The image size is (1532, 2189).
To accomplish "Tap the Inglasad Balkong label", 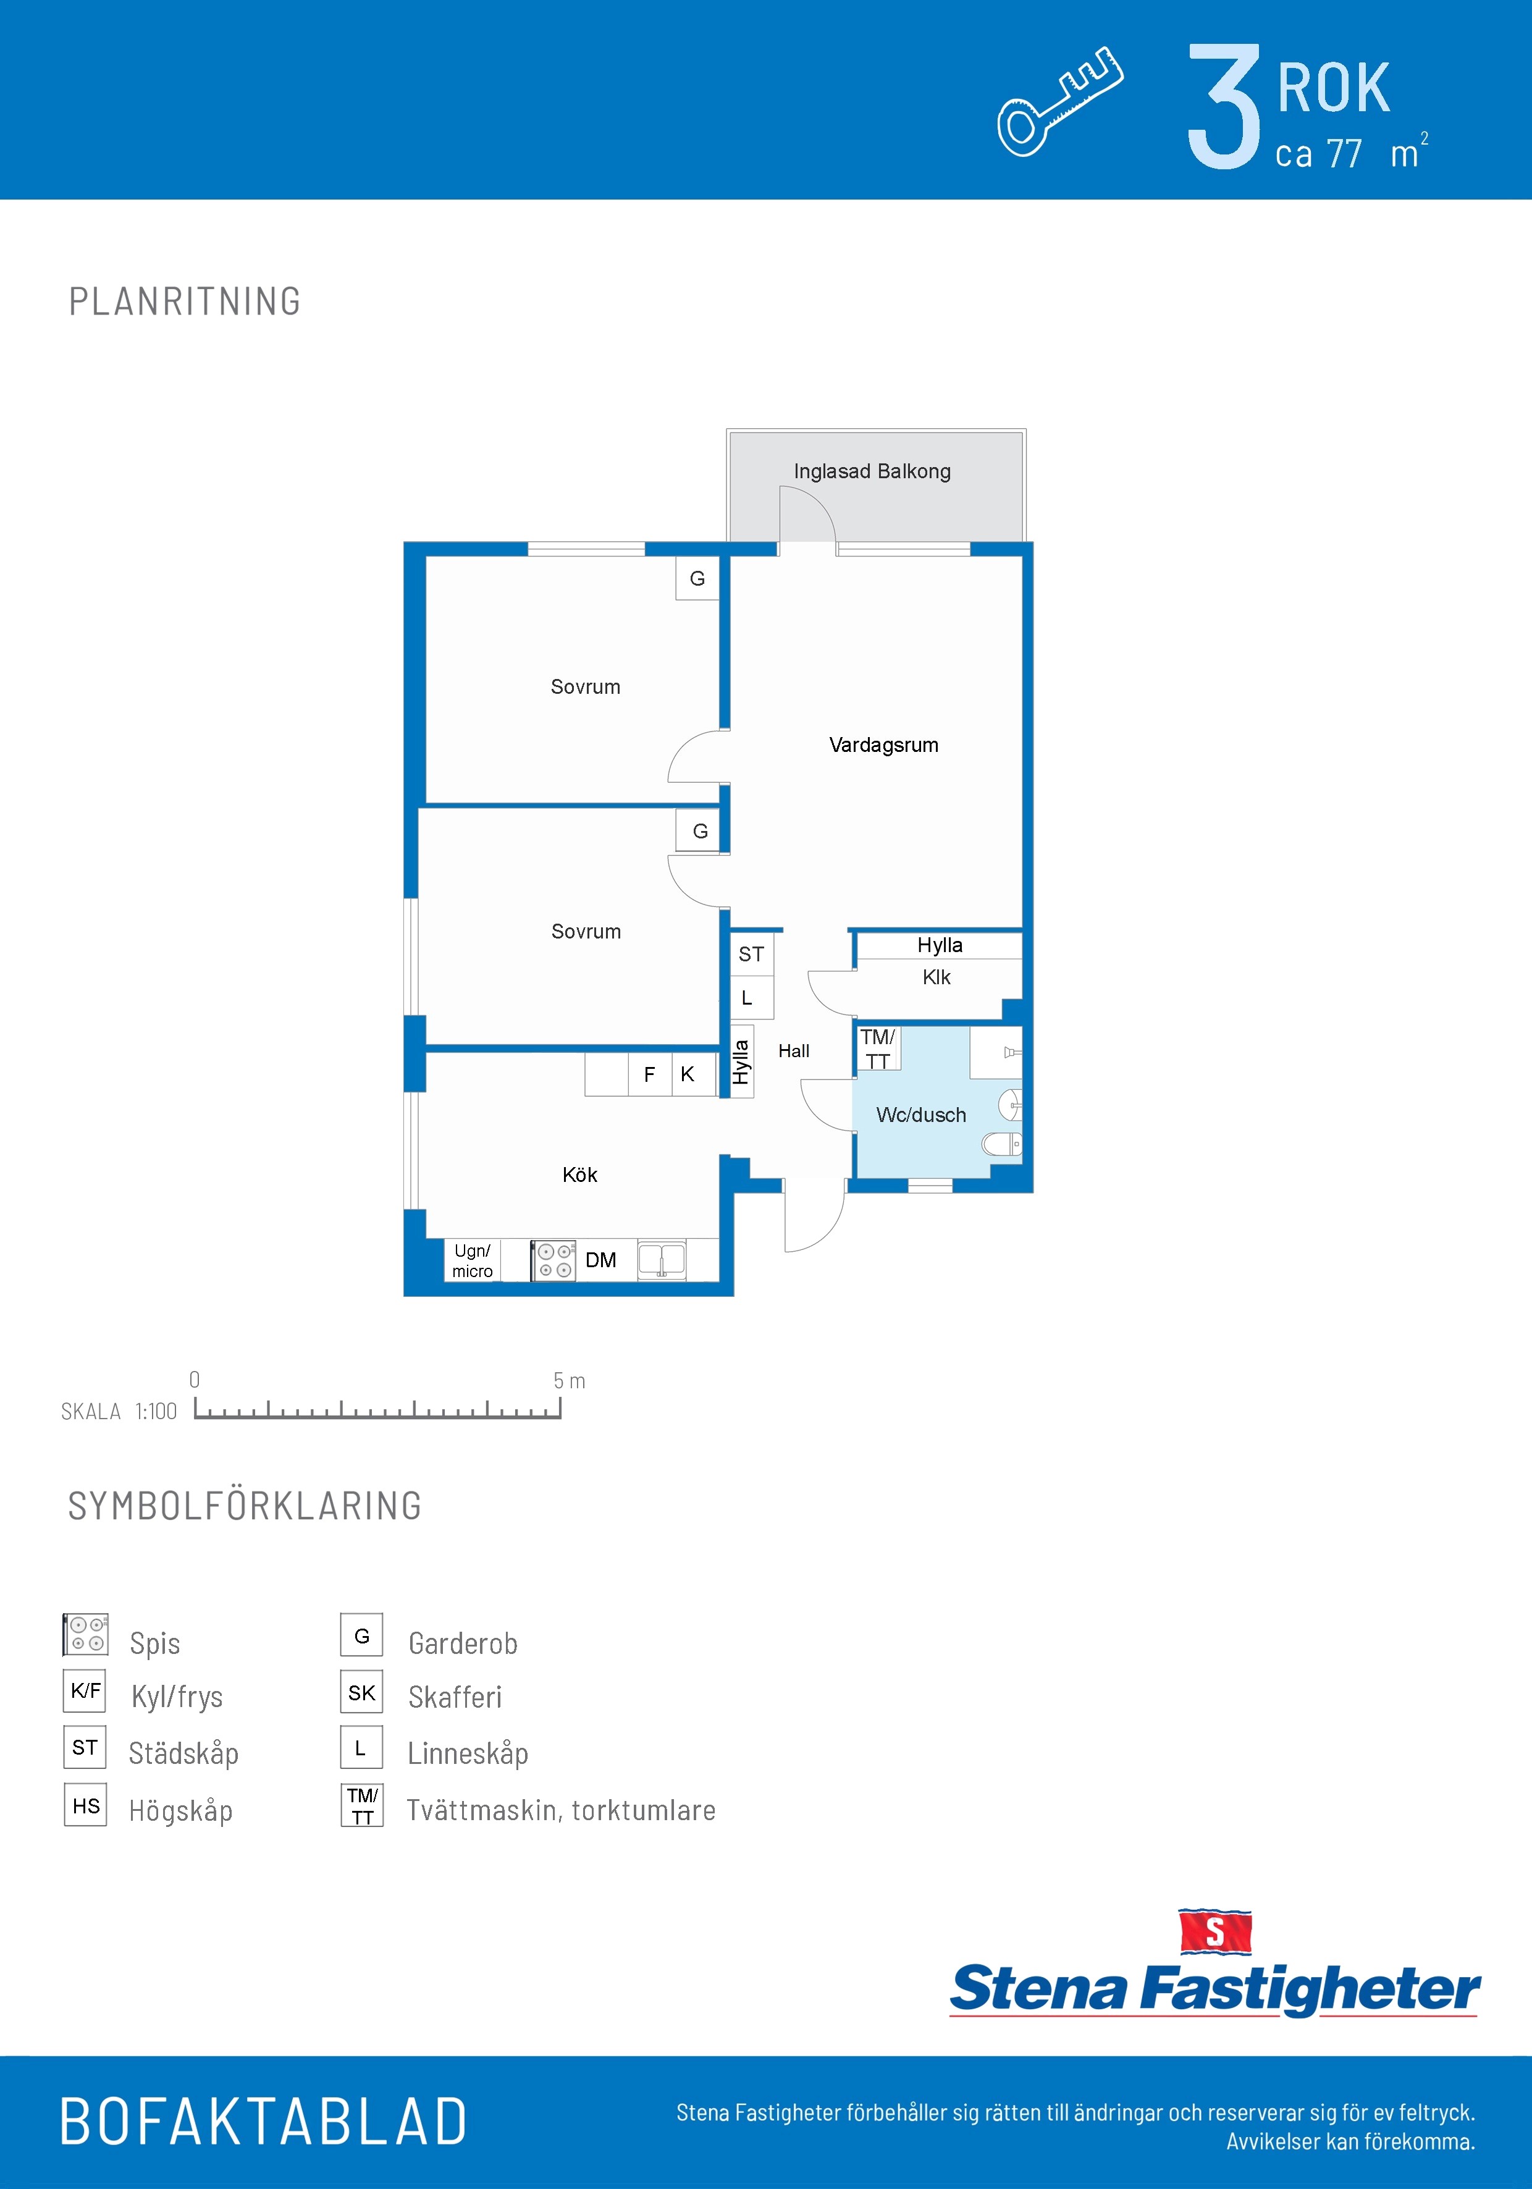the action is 872,471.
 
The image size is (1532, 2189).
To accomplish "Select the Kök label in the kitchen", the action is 579,1175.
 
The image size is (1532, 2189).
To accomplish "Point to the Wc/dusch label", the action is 921,1115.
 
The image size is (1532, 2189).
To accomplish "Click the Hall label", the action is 794,1051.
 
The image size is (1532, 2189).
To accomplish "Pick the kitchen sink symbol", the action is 662,1259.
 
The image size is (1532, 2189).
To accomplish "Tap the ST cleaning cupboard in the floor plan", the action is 751,953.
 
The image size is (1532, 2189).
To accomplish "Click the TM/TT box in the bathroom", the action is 878,1048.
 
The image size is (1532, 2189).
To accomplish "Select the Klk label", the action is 936,977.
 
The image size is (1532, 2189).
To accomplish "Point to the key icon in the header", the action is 1060,101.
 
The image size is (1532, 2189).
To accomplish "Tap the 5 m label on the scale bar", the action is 569,1380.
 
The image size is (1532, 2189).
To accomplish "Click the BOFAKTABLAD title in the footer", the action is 263,2122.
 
